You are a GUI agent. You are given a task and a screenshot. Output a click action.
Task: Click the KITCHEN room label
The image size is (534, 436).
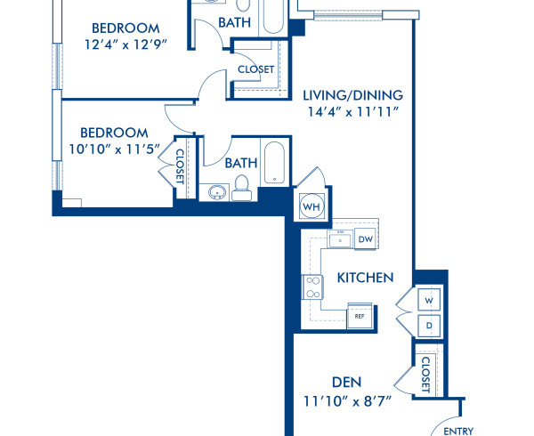[365, 278]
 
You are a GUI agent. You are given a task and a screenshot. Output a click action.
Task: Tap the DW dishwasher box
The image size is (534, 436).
[365, 238]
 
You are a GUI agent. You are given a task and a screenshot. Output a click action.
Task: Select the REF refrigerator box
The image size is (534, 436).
[360, 316]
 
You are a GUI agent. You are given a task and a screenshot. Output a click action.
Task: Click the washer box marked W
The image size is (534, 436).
[428, 301]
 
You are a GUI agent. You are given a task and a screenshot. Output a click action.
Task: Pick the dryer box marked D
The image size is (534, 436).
[428, 325]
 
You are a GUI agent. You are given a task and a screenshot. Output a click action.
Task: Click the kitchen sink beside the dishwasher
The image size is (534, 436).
[339, 238]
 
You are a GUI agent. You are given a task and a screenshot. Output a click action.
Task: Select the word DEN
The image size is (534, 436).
[346, 382]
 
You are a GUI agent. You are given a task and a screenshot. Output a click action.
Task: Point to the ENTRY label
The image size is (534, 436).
[458, 432]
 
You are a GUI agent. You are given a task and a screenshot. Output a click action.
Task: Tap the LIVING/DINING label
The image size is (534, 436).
[353, 95]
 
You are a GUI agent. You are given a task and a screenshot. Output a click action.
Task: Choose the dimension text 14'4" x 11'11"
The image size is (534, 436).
[353, 112]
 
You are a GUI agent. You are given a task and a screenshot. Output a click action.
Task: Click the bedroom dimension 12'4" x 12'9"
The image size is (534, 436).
[125, 44]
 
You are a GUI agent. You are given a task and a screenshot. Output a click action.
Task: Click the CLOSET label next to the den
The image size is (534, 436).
[425, 374]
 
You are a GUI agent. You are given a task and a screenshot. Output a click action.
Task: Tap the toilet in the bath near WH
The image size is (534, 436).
[240, 188]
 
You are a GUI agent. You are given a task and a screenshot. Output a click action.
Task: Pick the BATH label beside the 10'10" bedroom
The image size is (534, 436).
[241, 163]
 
